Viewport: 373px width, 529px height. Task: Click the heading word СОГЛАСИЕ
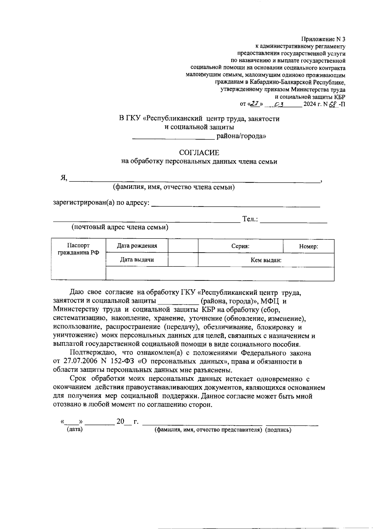click(199, 153)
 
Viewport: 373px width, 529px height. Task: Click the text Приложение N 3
click(323, 39)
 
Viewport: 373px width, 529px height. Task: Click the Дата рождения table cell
click(137, 246)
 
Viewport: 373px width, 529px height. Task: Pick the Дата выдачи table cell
click(137, 260)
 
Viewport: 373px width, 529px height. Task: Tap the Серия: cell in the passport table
click(240, 246)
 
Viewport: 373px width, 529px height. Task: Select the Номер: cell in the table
click(308, 247)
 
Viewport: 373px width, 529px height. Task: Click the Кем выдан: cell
click(266, 260)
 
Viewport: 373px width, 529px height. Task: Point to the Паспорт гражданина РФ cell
click(78, 249)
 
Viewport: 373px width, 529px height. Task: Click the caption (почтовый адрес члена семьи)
click(120, 227)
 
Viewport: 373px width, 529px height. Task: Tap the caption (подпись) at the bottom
click(278, 430)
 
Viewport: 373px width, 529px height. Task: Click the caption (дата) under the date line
click(75, 430)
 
